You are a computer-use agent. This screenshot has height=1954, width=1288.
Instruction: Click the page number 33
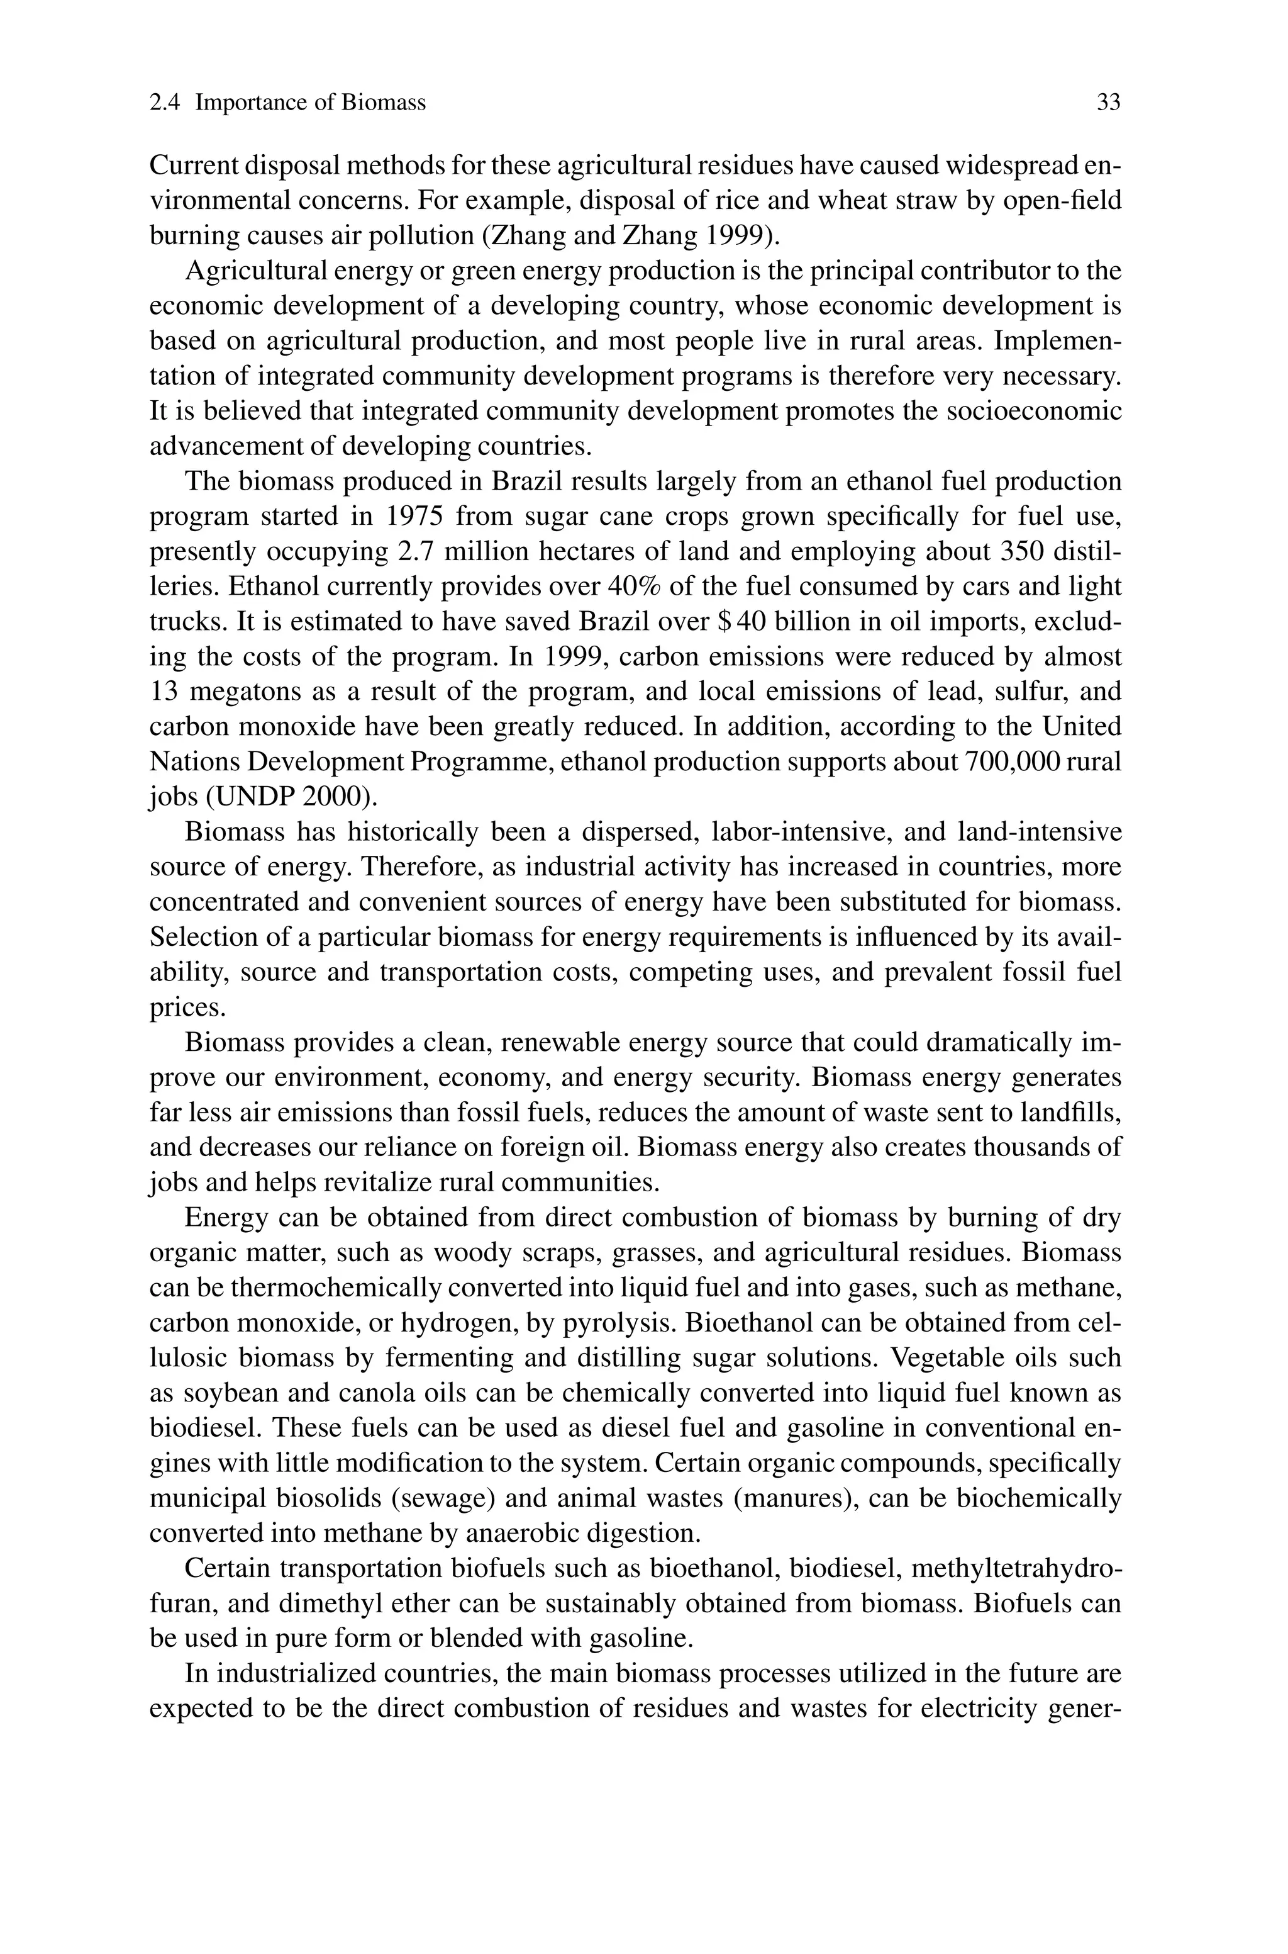[x=1108, y=103]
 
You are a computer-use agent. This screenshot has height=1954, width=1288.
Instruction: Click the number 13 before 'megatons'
[x=164, y=692]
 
